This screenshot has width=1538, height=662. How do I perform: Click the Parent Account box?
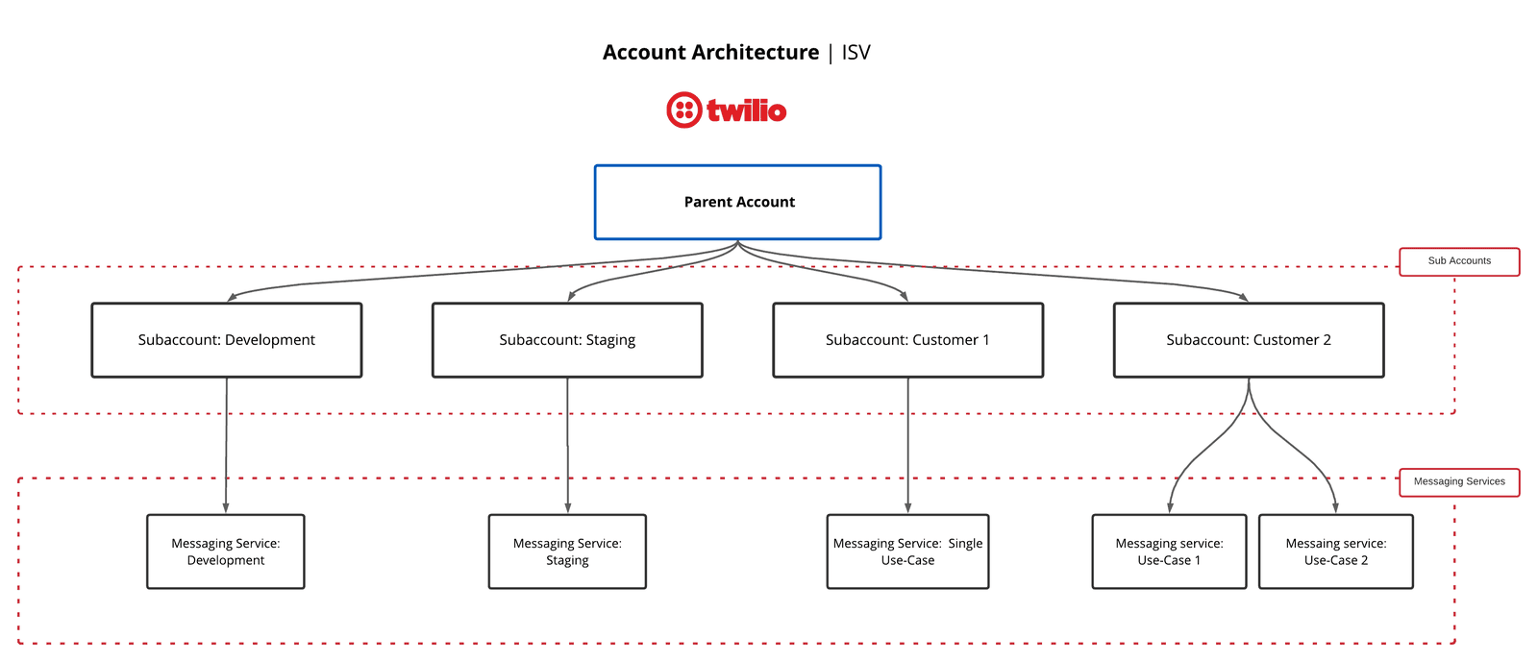pyautogui.click(x=737, y=202)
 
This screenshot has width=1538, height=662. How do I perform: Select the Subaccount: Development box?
pyautogui.click(x=227, y=340)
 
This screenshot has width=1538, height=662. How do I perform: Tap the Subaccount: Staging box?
pyautogui.click(x=567, y=340)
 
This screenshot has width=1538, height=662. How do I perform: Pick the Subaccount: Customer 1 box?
pyautogui.click(x=907, y=340)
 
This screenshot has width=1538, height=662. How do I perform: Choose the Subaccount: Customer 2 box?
pyautogui.click(x=1248, y=340)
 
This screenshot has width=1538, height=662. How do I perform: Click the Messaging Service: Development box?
pyautogui.click(x=226, y=552)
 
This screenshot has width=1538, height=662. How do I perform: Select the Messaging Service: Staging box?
pyautogui.click(x=567, y=552)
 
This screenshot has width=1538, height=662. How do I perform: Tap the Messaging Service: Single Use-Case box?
pyautogui.click(x=907, y=552)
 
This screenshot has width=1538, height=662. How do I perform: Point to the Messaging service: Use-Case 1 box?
pyautogui.click(x=1169, y=552)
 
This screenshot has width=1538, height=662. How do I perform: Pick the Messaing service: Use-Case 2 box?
pyautogui.click(x=1335, y=552)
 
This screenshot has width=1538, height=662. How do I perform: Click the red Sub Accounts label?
pyautogui.click(x=1459, y=261)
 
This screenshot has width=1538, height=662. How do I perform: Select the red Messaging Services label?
pyautogui.click(x=1459, y=481)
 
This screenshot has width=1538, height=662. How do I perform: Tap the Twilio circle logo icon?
pyautogui.click(x=683, y=110)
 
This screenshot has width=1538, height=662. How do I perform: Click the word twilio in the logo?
pyautogui.click(x=747, y=110)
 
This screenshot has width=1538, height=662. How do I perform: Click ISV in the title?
pyautogui.click(x=856, y=53)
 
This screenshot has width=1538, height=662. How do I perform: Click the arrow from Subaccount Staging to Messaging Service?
pyautogui.click(x=567, y=445)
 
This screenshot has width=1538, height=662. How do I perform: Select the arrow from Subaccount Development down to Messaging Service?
pyautogui.click(x=227, y=445)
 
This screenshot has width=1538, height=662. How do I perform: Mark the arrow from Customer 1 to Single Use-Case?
pyautogui.click(x=907, y=445)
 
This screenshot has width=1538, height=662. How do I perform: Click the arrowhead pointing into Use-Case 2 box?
pyautogui.click(x=1335, y=506)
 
